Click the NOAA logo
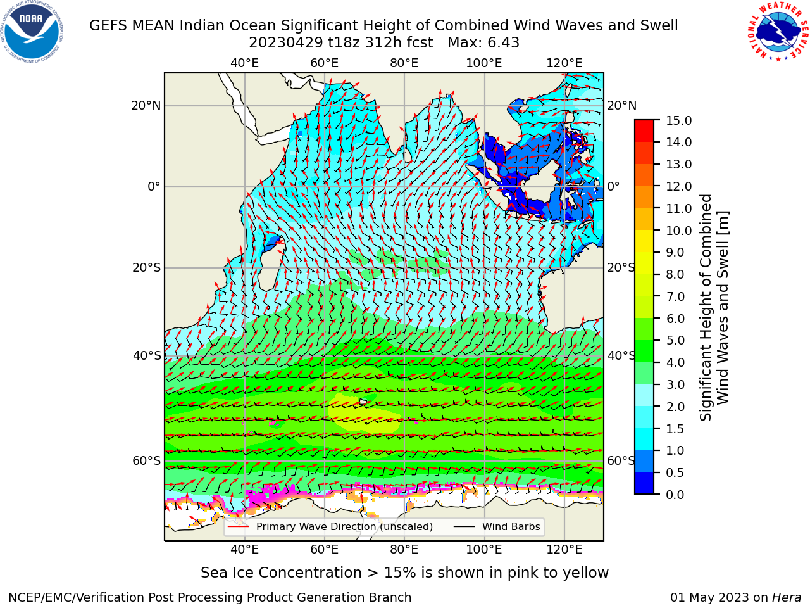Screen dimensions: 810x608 coord(32,32)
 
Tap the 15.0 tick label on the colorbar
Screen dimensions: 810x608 coord(678,120)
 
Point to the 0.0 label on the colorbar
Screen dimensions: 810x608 coord(675,495)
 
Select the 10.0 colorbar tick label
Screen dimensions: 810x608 coord(678,231)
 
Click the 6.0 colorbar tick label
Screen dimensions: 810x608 coord(675,319)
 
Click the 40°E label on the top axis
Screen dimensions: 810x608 coord(244,63)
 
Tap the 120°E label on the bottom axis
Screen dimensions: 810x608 coord(564,549)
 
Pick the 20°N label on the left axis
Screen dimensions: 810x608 coord(146,106)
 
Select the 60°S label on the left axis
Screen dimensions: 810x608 coord(147,460)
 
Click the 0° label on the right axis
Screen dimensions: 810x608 coord(613,186)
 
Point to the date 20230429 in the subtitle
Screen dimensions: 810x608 coord(286,43)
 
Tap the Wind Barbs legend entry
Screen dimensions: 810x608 coord(497,526)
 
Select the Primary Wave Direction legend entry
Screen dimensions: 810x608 coord(330,526)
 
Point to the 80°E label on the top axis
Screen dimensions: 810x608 coord(404,63)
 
